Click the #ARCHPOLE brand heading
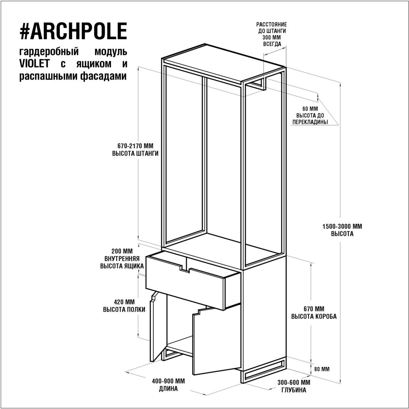point(73,31)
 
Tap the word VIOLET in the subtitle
point(35,64)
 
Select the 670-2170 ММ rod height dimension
point(135,146)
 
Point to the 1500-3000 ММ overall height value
point(342,226)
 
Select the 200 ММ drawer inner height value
point(122,251)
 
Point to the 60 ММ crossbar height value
point(310,109)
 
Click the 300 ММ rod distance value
point(272,37)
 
